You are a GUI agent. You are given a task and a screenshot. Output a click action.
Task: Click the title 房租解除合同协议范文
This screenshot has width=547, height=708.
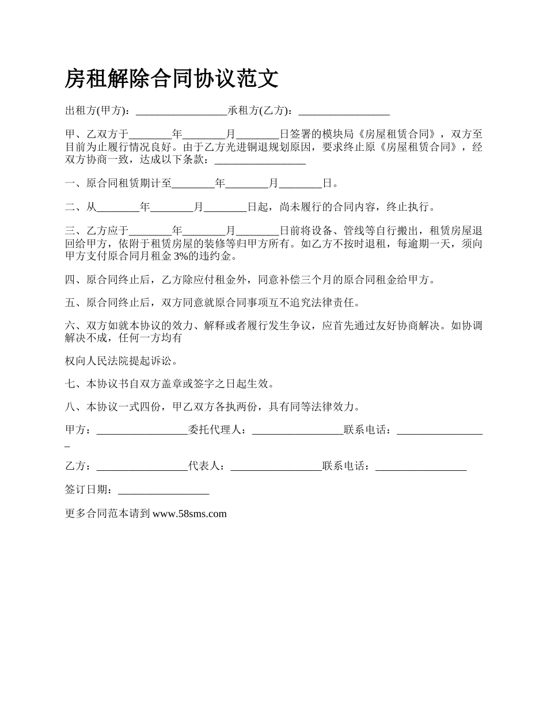point(172,78)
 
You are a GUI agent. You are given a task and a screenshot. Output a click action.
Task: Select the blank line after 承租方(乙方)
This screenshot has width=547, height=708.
point(344,111)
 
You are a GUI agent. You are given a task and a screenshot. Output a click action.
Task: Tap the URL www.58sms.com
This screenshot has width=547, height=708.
point(189,514)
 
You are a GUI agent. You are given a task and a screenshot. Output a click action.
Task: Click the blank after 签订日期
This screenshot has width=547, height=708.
point(163,490)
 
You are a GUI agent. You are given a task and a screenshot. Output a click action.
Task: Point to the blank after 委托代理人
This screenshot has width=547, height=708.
point(298,430)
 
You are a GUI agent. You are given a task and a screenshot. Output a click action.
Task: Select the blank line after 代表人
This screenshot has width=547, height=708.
point(276,466)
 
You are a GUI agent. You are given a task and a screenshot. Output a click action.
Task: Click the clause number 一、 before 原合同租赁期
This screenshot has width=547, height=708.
point(75,184)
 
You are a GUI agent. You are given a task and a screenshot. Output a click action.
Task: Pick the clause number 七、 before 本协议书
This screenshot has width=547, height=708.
point(75,383)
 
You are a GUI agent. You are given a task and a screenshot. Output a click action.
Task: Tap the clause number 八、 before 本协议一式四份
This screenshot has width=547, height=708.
point(75,407)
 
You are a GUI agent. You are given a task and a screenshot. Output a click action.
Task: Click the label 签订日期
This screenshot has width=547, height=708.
point(89,490)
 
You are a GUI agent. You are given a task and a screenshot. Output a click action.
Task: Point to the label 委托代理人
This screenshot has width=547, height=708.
point(217,430)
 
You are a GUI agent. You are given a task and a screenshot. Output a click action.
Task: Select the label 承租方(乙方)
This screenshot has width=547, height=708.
point(260,111)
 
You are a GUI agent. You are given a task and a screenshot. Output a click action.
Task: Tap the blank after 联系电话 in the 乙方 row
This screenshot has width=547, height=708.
point(421,466)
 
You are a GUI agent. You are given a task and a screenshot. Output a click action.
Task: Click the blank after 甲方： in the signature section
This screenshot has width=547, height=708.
point(142,430)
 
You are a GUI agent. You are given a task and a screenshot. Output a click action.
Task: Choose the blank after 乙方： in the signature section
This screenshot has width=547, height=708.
point(142,466)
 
